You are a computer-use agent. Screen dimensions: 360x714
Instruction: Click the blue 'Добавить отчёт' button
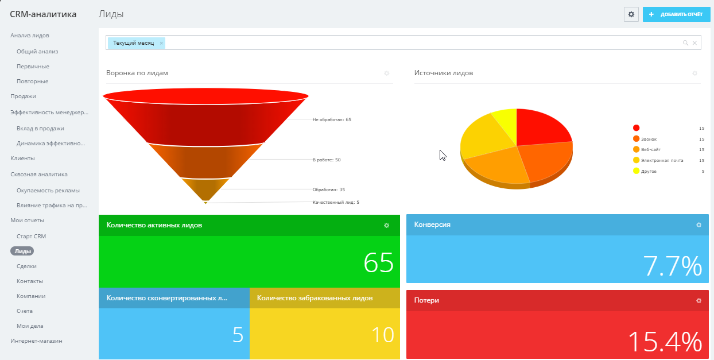point(676,14)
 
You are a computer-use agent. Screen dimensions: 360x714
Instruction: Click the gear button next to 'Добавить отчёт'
point(631,14)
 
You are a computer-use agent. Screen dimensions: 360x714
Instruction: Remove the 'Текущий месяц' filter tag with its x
point(161,43)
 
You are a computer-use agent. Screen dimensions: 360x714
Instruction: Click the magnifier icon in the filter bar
point(685,43)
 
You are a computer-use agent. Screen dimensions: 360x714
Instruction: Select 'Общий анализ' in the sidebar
point(37,51)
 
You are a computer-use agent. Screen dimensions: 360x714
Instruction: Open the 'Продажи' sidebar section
point(23,96)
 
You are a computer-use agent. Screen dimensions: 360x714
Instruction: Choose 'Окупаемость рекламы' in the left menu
point(48,190)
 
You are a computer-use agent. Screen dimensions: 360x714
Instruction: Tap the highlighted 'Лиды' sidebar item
point(22,251)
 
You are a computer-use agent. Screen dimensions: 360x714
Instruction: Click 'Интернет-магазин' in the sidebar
point(36,340)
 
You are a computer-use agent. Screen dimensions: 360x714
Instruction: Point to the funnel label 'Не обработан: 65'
point(332,120)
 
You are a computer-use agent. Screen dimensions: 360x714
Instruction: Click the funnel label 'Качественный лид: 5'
point(336,202)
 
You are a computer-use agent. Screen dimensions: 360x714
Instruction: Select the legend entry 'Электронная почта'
point(662,160)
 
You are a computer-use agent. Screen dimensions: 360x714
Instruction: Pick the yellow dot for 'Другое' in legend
point(636,171)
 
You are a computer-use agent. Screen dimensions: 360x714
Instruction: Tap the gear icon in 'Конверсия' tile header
point(699,225)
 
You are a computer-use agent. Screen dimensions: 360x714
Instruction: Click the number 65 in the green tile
point(379,263)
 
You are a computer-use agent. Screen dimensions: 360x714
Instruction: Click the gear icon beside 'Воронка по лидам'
point(387,73)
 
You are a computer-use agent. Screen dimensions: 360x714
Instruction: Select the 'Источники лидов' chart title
point(444,73)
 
